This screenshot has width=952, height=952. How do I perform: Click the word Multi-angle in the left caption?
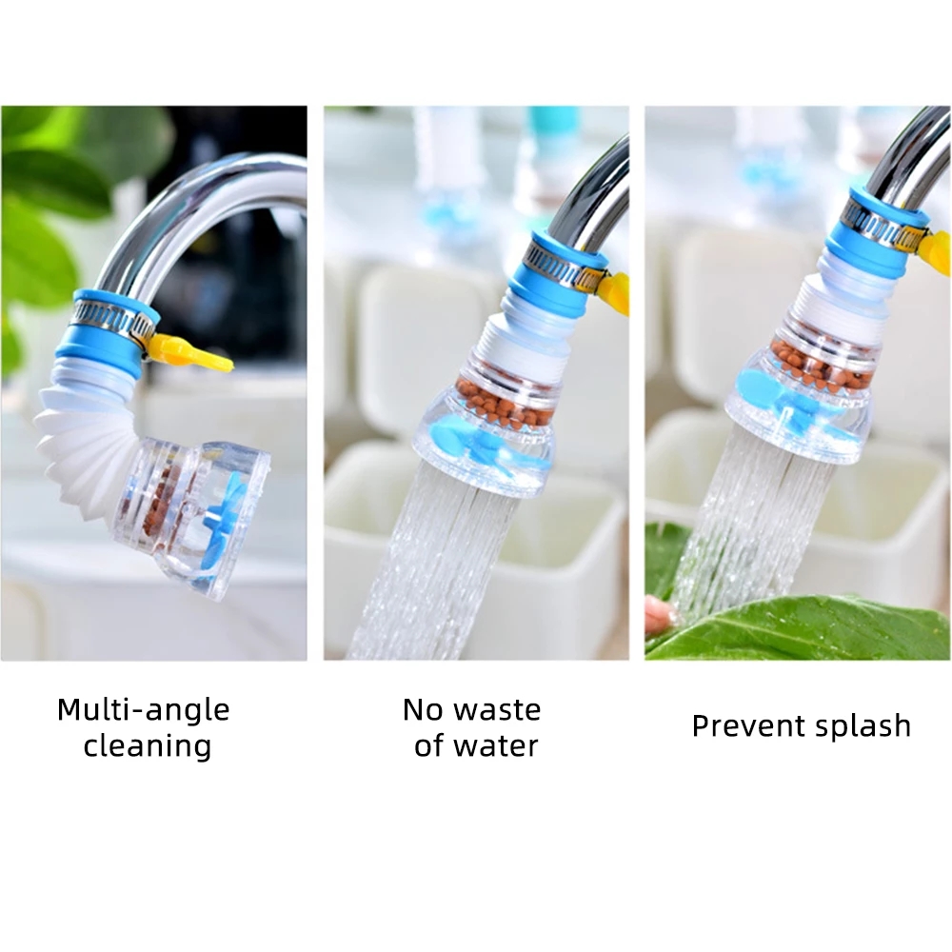pyautogui.click(x=143, y=710)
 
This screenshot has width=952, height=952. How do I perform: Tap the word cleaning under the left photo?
pyautogui.click(x=147, y=745)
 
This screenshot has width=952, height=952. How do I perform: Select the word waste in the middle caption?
pyautogui.click(x=495, y=709)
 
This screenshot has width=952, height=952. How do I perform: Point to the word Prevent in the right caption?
pyautogui.click(x=740, y=726)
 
